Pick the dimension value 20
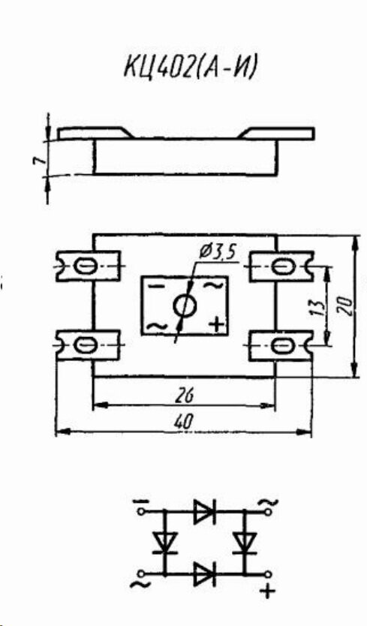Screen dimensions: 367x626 pyautogui.click(x=347, y=306)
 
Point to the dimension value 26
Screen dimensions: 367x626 pyautogui.click(x=184, y=396)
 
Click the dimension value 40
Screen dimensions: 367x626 pyautogui.click(x=185, y=422)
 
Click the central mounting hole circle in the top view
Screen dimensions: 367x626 pyautogui.click(x=185, y=306)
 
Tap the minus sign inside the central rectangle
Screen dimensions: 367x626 pyautogui.click(x=158, y=285)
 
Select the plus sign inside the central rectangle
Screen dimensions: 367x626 pyautogui.click(x=217, y=324)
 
